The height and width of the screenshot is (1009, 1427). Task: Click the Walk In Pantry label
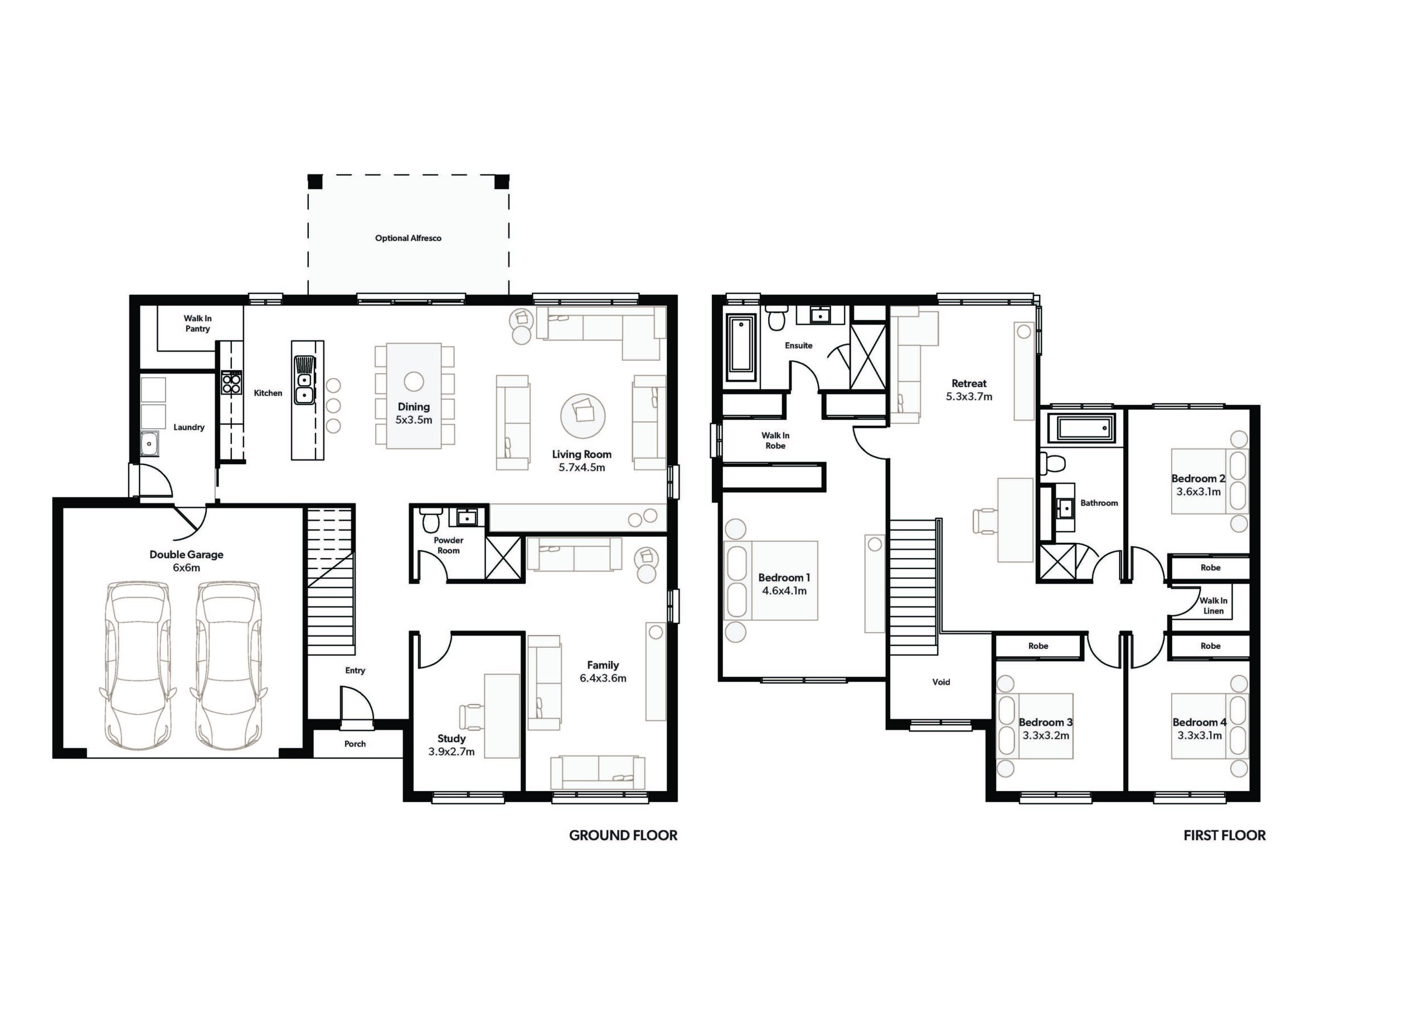click(198, 323)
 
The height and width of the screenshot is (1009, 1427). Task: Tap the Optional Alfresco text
click(409, 238)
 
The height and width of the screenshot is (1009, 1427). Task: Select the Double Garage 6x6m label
click(186, 561)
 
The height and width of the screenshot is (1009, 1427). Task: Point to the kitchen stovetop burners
click(231, 382)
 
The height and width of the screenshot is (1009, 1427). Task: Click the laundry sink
click(149, 443)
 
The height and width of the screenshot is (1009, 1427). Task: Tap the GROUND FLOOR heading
click(623, 836)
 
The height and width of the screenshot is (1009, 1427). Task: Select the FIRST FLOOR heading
click(1225, 836)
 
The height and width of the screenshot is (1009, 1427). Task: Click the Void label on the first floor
click(941, 682)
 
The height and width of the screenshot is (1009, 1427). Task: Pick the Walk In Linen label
click(1213, 605)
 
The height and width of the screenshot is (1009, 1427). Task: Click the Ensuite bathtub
click(741, 350)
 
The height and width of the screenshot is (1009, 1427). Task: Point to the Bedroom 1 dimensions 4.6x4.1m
click(784, 590)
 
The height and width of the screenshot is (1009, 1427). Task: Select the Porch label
click(355, 744)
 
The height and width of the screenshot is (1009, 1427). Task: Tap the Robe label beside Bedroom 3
click(1038, 646)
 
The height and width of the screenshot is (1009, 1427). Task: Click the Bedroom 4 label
click(1200, 722)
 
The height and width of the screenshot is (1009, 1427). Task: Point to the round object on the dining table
click(414, 381)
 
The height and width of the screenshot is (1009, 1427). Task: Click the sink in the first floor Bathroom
click(1066, 508)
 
